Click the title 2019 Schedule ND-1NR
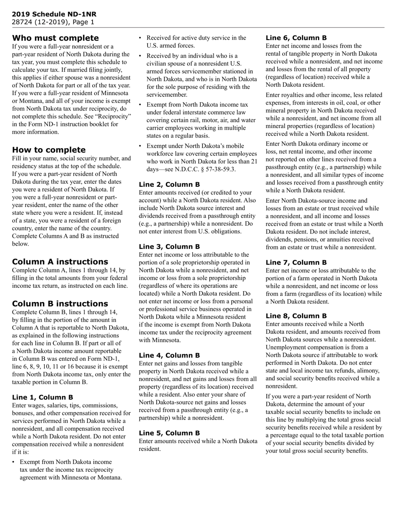[54, 14]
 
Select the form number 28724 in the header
[20, 22]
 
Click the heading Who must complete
[55, 38]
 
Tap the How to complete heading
[49, 150]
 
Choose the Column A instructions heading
[60, 262]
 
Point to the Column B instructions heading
[60, 304]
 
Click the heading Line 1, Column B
[43, 397]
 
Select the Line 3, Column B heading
[169, 246]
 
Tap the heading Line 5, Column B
[169, 433]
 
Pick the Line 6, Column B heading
[296, 38]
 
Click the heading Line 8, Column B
[296, 316]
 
